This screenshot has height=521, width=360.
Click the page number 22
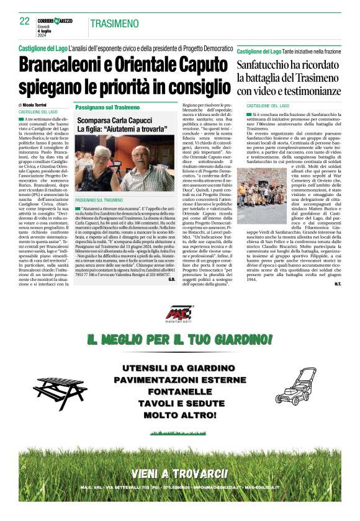(24, 21)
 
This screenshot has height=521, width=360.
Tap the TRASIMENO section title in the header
(114, 24)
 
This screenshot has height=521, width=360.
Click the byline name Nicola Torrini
(41, 106)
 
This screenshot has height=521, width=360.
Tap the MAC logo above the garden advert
(179, 314)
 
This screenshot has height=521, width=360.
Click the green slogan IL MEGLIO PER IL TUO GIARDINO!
(180, 340)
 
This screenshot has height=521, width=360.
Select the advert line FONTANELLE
(179, 392)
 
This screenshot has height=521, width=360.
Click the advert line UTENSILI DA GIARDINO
(179, 370)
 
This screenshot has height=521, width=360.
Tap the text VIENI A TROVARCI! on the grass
(179, 474)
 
